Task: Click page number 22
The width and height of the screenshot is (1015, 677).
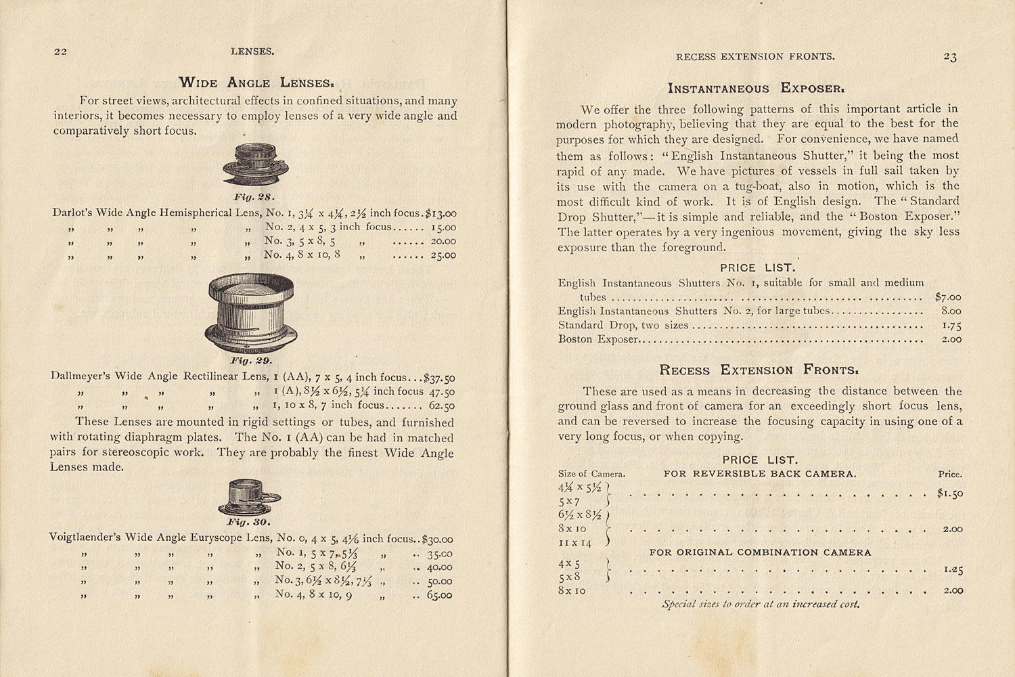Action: click(60, 51)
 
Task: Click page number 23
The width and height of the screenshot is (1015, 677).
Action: click(949, 58)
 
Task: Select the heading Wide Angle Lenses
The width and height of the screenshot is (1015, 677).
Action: click(256, 83)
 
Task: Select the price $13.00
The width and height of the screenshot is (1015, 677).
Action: click(440, 213)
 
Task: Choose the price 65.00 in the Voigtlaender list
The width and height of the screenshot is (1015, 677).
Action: click(440, 596)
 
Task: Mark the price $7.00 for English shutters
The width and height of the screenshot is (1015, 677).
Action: click(947, 297)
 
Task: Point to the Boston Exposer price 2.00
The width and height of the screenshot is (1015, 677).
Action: click(951, 340)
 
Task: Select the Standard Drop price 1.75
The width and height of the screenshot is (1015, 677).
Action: click(951, 326)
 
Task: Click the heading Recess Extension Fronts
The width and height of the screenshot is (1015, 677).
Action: click(759, 370)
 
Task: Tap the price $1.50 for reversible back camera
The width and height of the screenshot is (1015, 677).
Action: click(949, 494)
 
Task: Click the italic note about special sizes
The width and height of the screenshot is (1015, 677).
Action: click(761, 605)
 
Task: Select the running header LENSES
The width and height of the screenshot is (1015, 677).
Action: click(252, 51)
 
